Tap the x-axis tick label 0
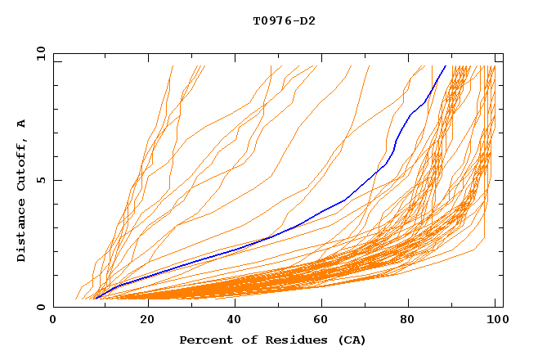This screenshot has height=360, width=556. tap(54, 321)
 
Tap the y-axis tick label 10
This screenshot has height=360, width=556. tap(39, 53)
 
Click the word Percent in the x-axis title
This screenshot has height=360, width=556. tap(204, 340)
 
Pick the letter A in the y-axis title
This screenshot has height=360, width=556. tap(22, 124)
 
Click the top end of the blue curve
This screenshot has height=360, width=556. tap(446, 65)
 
